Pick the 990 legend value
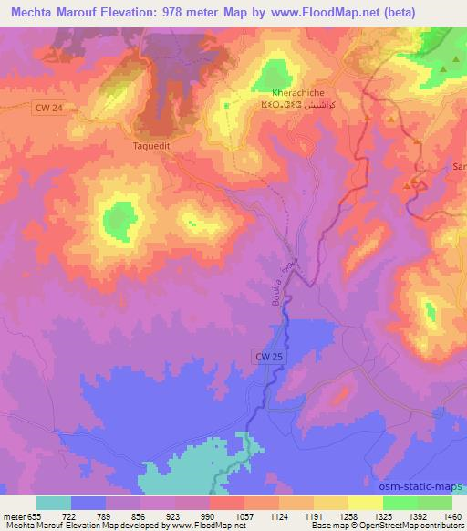(209, 516)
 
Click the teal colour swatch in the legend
(54, 503)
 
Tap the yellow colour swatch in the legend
(366, 503)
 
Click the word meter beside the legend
(13, 516)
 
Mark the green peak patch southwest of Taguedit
(119, 218)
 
